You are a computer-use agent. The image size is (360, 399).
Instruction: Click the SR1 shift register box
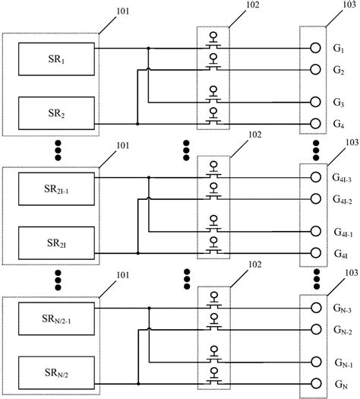55,59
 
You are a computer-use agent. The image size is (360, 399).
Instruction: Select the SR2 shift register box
55,113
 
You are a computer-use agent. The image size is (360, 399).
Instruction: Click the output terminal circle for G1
314,49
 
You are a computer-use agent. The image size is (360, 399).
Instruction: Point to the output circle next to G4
314,123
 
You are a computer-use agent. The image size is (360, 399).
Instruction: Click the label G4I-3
341,179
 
